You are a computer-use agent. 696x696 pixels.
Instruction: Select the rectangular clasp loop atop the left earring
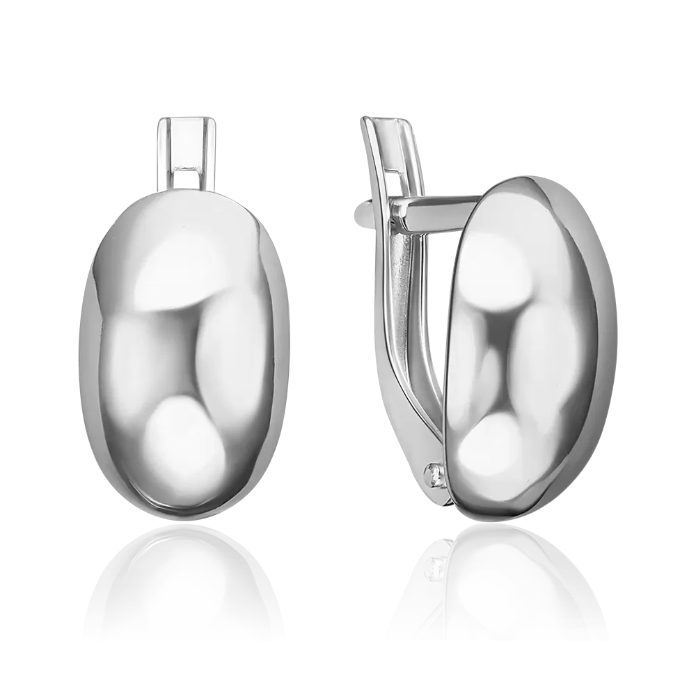[184, 153]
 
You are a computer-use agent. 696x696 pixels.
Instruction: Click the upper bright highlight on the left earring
[177, 268]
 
